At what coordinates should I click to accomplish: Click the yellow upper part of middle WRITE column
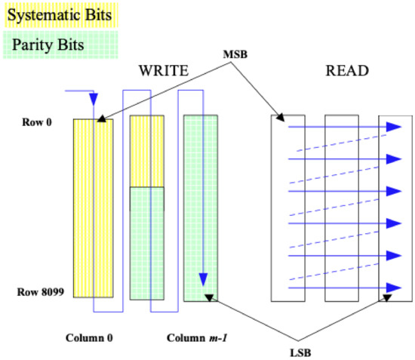coord(146,151)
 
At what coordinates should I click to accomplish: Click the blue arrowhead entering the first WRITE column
coord(94,100)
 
